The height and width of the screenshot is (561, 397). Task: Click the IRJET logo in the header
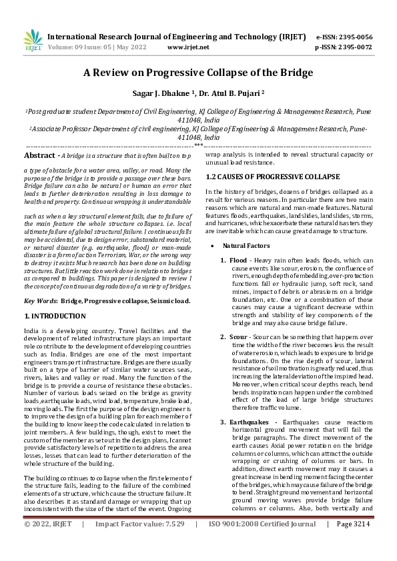(x=33, y=41)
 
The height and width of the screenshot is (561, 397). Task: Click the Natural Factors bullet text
(x=245, y=246)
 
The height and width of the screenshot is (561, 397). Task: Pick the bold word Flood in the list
(x=238, y=260)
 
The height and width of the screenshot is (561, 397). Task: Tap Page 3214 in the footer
(x=354, y=543)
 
